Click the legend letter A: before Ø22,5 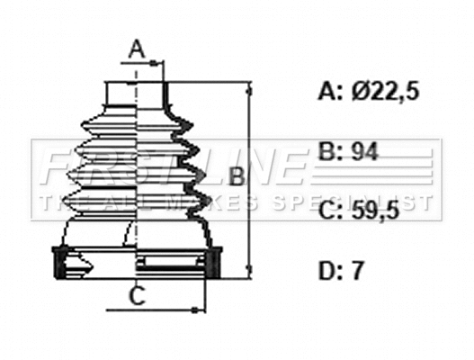coord(331,90)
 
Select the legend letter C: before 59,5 coord(331,211)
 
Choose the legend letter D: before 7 coord(331,269)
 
